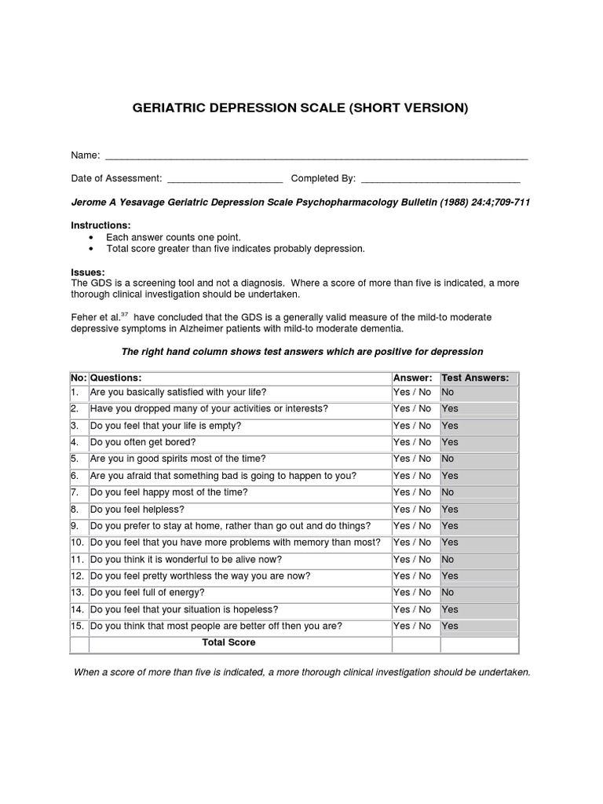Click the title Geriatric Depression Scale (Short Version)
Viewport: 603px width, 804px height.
[x=301, y=108]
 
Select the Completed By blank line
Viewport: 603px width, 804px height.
[x=440, y=179]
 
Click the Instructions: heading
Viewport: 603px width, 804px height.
[x=101, y=225]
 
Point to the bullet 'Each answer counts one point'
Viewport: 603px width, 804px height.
[x=173, y=237]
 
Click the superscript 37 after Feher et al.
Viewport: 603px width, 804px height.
[x=123, y=314]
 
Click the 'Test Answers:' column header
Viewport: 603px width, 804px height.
[x=475, y=378]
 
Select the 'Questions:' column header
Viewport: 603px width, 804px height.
[x=116, y=378]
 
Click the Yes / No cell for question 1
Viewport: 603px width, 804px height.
[x=412, y=392]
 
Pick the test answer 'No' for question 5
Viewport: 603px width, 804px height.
[x=448, y=459]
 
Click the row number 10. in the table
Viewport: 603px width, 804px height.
[x=78, y=543]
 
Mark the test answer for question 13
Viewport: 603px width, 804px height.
[x=448, y=593]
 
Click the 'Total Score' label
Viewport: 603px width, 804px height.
[x=228, y=642]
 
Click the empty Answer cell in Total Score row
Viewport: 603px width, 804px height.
[x=415, y=644]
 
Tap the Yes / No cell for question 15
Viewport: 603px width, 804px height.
[x=412, y=626]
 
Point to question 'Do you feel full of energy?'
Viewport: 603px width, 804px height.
[x=148, y=593]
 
